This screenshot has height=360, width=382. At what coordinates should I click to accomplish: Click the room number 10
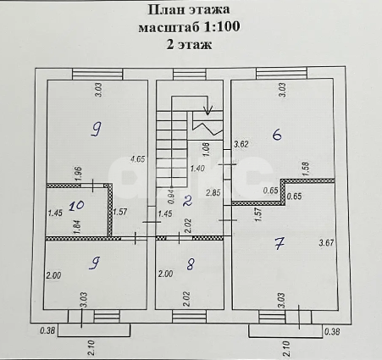tap(76, 204)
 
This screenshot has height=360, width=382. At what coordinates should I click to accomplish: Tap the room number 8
tap(191, 265)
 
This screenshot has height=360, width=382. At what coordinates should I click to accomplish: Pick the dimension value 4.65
tap(136, 158)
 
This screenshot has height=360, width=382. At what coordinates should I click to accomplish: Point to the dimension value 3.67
tap(326, 244)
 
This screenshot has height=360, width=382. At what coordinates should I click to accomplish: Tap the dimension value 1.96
tap(78, 174)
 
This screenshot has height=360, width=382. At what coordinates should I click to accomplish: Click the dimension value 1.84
tap(78, 224)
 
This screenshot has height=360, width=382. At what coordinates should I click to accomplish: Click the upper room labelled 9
tap(97, 129)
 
